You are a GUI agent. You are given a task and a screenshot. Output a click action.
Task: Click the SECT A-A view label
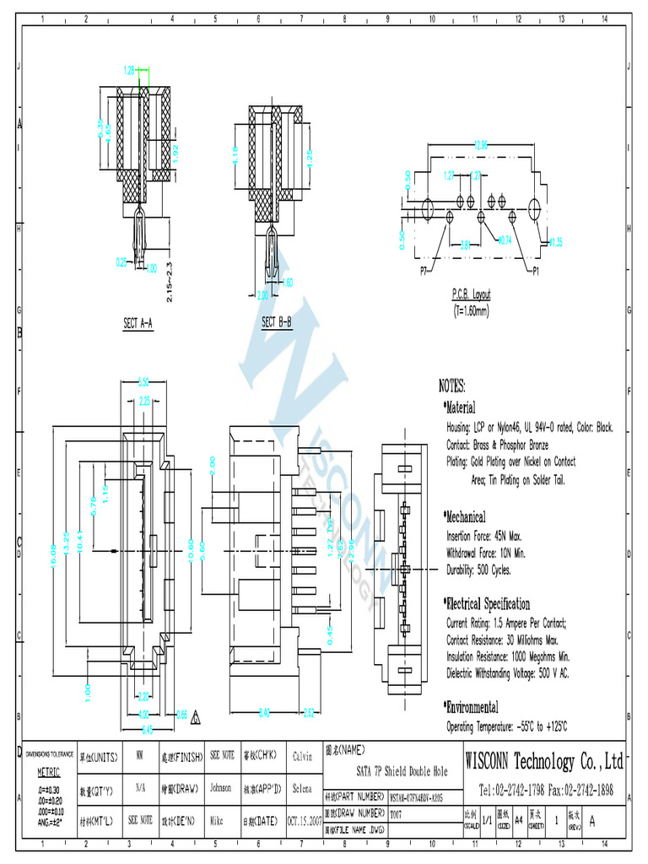138,323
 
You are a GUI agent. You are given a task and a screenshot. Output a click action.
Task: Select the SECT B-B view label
277,322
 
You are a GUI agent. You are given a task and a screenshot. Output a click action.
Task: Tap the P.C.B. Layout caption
471,295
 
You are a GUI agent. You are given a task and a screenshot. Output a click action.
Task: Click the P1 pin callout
537,272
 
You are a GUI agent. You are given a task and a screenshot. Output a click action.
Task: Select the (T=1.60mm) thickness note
471,309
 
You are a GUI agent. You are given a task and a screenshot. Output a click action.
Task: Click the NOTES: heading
452,386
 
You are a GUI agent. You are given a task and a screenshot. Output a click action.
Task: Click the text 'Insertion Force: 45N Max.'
484,536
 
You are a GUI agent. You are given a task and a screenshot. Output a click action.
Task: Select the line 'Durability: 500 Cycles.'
478,570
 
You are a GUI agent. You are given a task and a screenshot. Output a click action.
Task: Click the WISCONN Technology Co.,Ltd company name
544,763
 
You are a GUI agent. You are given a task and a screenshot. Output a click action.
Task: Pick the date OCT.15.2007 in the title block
305,818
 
